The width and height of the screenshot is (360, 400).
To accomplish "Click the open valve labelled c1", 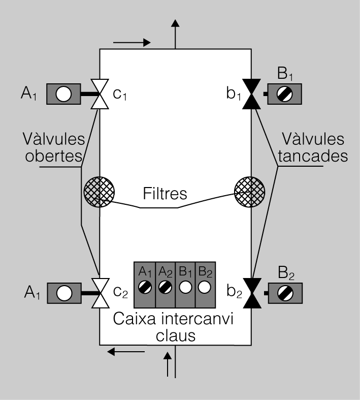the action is coord(100,94).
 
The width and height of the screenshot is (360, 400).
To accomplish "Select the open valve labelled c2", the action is coord(101,293).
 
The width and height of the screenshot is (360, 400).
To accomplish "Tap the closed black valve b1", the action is coord(251,94).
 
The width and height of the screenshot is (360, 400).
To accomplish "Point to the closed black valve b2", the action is coord(252,293).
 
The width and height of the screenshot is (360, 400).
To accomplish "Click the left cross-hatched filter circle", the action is coord(99,192).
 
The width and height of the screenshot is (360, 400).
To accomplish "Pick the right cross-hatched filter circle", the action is coord(250,192).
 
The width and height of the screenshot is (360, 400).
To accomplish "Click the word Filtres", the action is coord(165,193).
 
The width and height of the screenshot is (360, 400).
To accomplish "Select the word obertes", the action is coord(54,156).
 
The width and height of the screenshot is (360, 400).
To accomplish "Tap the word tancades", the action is coord(313,156).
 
